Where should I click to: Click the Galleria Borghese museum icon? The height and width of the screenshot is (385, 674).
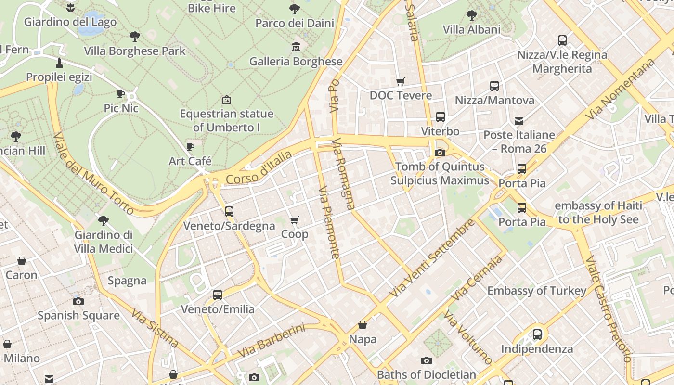[x=296, y=47]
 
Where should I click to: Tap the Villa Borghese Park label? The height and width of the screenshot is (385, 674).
[x=135, y=51]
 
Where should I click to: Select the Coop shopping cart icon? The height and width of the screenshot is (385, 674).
[x=295, y=220]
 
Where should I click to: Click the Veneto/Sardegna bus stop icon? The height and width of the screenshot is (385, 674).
[x=229, y=211]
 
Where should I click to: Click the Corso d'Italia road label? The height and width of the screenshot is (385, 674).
[x=259, y=167]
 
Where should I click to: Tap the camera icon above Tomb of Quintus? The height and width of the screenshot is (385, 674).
[x=440, y=153]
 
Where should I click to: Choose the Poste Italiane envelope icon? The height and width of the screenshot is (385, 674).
[x=519, y=121]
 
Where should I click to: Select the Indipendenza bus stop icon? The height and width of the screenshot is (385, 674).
[x=537, y=334]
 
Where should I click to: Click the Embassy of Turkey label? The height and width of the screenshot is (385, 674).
[x=537, y=291]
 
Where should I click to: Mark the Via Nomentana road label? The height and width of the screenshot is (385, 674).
[x=621, y=90]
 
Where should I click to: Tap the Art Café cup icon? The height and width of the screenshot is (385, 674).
[x=190, y=147]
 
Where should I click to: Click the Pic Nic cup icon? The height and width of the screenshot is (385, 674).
[x=121, y=94]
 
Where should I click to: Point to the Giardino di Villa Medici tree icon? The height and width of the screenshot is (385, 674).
[x=103, y=221]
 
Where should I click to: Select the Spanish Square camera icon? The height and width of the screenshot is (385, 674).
[x=78, y=301]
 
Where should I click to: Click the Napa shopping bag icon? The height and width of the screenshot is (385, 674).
[x=363, y=325]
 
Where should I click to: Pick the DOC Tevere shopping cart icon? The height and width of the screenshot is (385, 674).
[x=400, y=81]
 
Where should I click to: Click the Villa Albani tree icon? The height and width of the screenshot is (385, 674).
[x=472, y=15]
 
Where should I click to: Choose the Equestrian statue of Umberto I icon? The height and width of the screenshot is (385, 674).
[x=226, y=100]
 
